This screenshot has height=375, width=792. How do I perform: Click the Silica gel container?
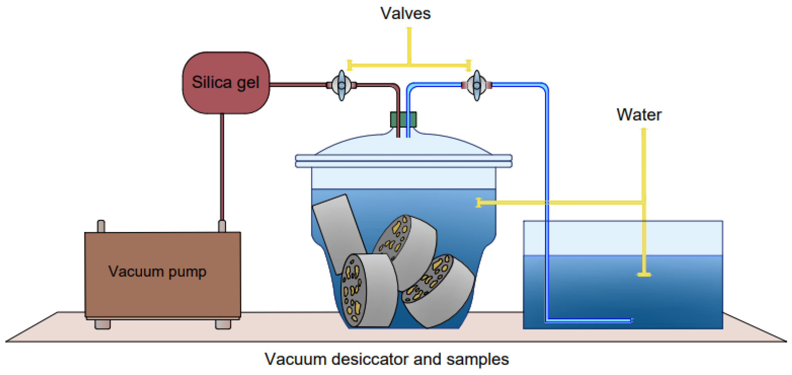226,83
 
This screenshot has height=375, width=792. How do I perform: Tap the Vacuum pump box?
163,275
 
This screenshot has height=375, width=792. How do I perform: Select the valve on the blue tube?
476,85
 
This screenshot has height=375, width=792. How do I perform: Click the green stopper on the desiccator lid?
403,119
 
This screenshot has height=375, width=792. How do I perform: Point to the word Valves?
406,14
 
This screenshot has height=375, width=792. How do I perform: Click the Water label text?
639,115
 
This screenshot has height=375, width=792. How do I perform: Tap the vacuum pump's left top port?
101,226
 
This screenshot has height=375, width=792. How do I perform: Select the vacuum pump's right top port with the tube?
222,226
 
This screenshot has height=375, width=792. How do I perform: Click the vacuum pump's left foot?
102,324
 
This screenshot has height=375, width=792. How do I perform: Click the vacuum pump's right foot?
223,324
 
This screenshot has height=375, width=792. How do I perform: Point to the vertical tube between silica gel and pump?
222,167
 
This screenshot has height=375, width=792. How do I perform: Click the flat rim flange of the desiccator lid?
404,161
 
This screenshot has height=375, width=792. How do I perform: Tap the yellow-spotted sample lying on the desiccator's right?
438,291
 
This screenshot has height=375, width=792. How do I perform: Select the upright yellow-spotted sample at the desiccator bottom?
369,290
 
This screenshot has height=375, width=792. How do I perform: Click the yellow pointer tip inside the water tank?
644,274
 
